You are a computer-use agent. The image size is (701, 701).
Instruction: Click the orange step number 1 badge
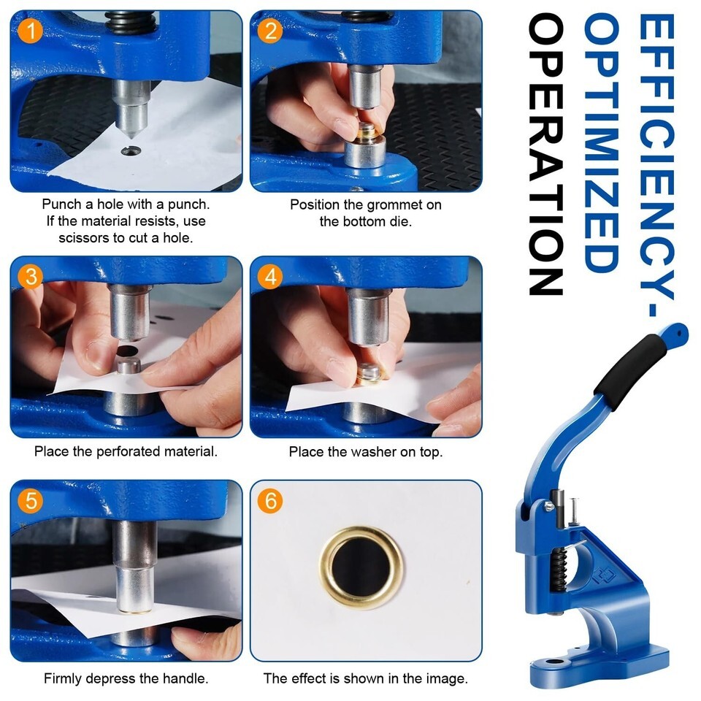point(31,31)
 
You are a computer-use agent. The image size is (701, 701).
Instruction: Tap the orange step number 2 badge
point(270,31)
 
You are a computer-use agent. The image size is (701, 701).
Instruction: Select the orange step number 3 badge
point(31,276)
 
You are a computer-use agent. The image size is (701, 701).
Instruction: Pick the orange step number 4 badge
point(270,276)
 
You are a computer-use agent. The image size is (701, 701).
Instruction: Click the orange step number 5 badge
point(31,500)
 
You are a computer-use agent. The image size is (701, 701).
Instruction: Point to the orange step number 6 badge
point(270,500)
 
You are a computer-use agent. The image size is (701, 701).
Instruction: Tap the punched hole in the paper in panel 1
point(131,151)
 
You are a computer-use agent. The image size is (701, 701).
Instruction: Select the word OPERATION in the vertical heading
point(545,154)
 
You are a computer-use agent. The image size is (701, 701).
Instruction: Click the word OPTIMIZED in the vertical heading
point(602,142)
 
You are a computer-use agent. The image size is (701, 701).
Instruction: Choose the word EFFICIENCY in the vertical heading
point(656,156)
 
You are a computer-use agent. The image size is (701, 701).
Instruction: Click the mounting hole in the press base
point(555,662)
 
